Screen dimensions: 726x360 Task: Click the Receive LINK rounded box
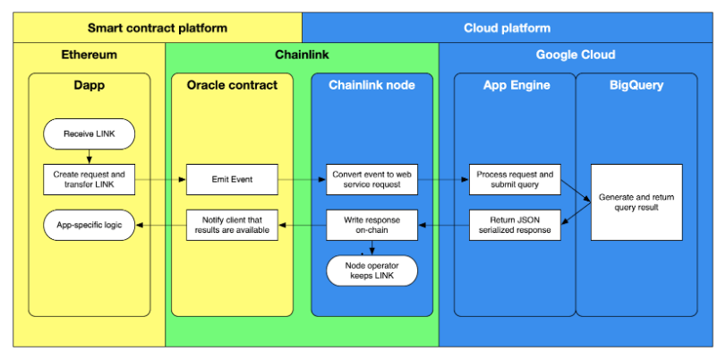tap(89, 134)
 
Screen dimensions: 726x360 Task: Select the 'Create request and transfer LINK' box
tap(89, 179)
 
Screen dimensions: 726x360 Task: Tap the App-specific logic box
tap(89, 225)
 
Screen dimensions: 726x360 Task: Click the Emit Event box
tap(232, 179)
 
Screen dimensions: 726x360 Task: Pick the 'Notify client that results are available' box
tap(232, 225)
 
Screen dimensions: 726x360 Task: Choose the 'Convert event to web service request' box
tap(372, 179)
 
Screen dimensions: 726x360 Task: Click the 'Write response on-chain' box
tap(372, 225)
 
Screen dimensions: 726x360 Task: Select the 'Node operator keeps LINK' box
tap(372, 270)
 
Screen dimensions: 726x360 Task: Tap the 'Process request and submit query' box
tap(515, 179)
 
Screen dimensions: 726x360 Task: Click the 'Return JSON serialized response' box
tap(515, 225)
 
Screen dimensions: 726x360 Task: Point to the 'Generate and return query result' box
tap(636, 202)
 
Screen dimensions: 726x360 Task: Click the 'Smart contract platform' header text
tap(158, 29)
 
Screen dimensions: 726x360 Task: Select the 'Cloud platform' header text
tap(507, 29)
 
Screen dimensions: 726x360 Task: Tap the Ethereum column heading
tap(89, 56)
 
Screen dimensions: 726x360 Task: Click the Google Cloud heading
tap(576, 56)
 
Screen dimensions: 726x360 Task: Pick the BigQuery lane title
tap(636, 86)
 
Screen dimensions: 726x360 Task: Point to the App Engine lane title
tap(517, 86)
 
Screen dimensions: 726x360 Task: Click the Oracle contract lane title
tap(232, 86)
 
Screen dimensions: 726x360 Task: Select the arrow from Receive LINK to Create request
tap(89, 157)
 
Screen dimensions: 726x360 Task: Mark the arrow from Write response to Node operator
tap(372, 248)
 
